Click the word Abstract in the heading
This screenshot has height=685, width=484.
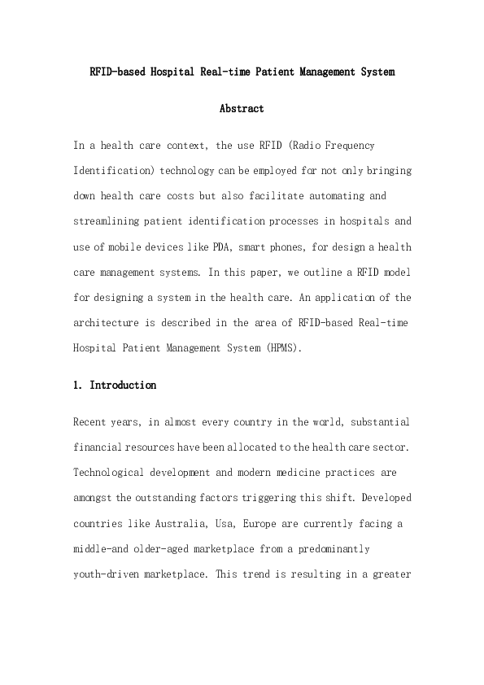(x=242, y=108)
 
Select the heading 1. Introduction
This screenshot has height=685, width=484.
(x=115, y=385)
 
